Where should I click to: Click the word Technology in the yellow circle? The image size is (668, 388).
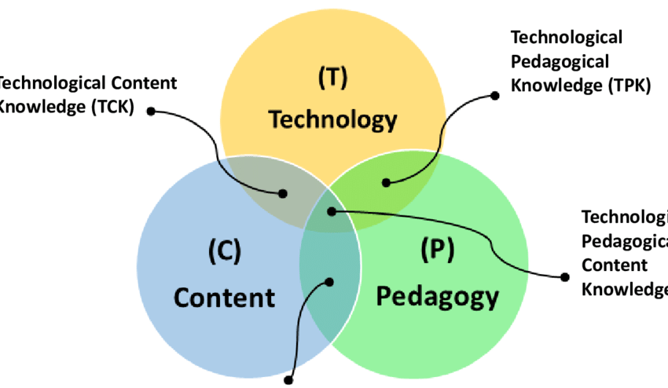click(333, 119)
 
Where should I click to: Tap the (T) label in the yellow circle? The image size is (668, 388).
click(333, 79)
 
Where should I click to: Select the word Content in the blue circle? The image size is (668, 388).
click(225, 298)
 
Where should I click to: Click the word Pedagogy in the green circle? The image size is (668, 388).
click(437, 297)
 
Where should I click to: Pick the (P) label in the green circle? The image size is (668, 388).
click(437, 250)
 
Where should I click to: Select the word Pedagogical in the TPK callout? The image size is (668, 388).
click(560, 61)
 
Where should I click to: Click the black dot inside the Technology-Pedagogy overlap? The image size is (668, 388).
click(386, 183)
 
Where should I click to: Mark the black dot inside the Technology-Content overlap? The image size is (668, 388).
click(284, 192)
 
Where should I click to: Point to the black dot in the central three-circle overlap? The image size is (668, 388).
click(332, 210)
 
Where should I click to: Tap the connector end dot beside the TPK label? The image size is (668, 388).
click(495, 96)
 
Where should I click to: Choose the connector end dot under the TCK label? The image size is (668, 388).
click(150, 111)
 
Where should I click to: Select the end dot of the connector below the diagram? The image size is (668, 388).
click(290, 379)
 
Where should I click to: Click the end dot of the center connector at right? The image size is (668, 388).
click(564, 276)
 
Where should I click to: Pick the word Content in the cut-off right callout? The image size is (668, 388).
click(615, 265)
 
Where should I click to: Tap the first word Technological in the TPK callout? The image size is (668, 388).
click(567, 37)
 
